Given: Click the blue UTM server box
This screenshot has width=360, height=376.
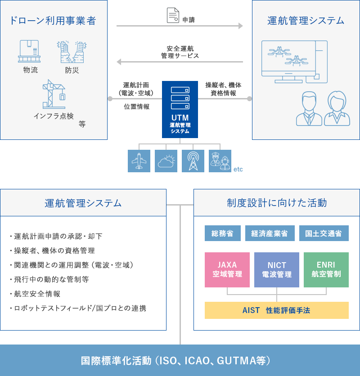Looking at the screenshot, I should [180, 109].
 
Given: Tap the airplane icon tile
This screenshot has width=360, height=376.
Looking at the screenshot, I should [139, 161].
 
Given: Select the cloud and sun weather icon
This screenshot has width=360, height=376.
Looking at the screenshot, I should [166, 161].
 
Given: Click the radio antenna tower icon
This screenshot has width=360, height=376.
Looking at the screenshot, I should [193, 161].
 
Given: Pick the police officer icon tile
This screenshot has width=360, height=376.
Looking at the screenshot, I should [220, 161].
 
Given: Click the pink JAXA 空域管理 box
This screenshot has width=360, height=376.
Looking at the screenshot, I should [227, 270].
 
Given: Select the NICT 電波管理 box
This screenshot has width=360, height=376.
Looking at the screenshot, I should [277, 270].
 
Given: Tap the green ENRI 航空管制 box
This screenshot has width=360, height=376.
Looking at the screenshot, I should [326, 270].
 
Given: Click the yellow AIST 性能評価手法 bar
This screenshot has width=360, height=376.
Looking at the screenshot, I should [277, 310].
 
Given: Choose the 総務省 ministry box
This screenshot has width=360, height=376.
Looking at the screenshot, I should [223, 233].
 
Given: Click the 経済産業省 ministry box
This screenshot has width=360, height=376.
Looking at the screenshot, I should [270, 233].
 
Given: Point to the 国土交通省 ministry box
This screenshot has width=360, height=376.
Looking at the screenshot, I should [324, 233].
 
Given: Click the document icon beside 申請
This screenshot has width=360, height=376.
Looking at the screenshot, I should [173, 15].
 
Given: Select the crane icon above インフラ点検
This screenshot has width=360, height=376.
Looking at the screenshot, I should [54, 94].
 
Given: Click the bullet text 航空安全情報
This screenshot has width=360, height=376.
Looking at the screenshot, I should [37, 294].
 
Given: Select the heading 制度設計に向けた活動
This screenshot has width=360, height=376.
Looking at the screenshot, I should [277, 203].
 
